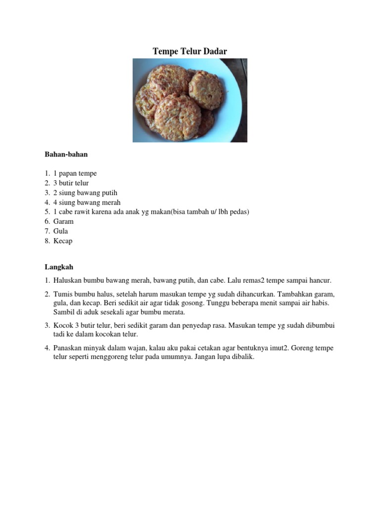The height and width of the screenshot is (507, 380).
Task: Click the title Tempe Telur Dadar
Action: tap(190, 51)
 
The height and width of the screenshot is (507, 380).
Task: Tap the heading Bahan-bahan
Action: tap(66, 154)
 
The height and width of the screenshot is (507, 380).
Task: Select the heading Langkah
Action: tap(58, 267)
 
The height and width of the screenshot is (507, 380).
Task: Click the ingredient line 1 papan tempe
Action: tap(75, 174)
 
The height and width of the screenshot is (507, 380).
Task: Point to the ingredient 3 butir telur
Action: tap(71, 183)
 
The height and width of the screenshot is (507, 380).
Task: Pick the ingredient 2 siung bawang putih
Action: tap(85, 193)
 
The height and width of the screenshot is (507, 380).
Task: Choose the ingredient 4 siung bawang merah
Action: tap(87, 203)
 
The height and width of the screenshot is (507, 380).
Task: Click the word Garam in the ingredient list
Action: tap(63, 221)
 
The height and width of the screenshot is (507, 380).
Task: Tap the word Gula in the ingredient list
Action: tap(61, 231)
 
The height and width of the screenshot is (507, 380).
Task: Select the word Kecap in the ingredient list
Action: tap(63, 241)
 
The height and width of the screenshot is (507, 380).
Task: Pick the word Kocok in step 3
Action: tap(63, 325)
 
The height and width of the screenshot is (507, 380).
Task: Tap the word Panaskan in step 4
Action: tap(68, 348)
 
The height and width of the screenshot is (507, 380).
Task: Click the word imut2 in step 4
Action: tap(281, 348)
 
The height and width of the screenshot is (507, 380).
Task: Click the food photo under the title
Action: tap(190, 100)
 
